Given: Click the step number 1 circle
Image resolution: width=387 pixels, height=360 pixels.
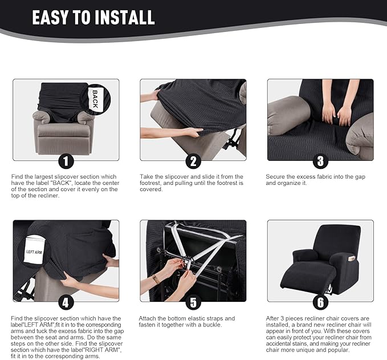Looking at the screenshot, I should pos(66,161).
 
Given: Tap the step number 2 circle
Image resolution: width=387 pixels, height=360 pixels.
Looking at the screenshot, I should pos(193,161).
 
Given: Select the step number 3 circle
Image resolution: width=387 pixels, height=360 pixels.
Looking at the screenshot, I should pos(320,161).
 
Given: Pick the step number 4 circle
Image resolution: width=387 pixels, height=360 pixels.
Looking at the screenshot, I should pos(66,302).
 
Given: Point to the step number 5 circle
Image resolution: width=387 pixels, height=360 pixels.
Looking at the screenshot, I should pos(193,302).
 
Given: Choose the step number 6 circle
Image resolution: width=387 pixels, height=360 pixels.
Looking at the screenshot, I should pos(320,302).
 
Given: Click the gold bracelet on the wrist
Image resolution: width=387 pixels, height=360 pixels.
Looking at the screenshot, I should pos(156,279).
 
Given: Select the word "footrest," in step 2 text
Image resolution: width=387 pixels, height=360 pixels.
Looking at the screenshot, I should pos(151,183).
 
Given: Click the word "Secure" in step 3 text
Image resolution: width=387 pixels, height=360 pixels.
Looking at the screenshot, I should pos(276,177).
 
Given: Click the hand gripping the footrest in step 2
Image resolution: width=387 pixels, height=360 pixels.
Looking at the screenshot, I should pos(192,132).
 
